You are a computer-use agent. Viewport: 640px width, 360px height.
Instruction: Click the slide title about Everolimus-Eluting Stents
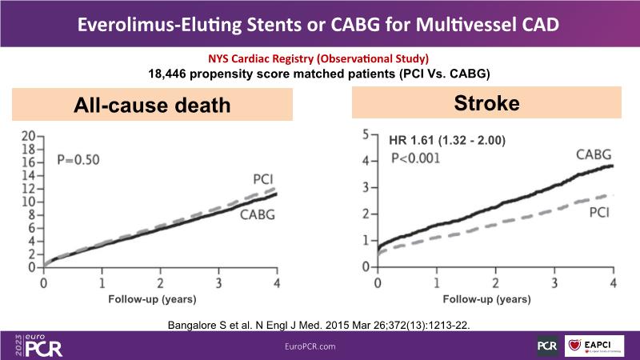click(x=319, y=23)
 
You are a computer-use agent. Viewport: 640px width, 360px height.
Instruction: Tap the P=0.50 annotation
click(x=78, y=159)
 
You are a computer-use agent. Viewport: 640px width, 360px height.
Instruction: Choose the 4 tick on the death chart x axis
click(x=278, y=283)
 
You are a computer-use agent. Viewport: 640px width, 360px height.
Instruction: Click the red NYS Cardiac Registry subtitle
click(x=319, y=59)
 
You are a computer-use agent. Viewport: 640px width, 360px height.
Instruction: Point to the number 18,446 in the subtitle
click(x=168, y=73)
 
